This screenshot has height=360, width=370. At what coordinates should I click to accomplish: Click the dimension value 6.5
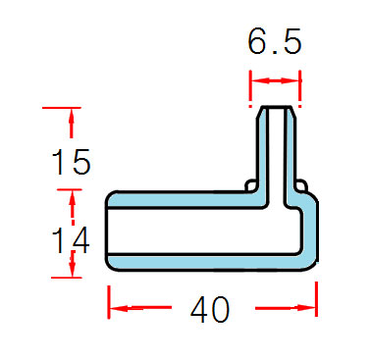tap(274, 41)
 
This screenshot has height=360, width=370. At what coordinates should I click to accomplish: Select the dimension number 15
tap(71, 162)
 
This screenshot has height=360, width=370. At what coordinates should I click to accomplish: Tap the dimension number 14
tap(71, 240)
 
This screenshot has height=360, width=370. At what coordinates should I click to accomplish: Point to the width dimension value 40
tap(210, 309)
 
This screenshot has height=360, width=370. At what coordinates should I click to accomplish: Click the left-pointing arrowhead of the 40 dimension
tap(119, 308)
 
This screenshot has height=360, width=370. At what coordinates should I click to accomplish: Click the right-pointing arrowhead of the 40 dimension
tap(306, 308)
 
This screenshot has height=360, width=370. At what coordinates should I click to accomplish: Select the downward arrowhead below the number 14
tap(73, 268)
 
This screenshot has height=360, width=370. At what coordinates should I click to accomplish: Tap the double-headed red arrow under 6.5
tap(275, 80)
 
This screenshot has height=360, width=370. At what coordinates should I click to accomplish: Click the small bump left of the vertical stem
tap(250, 185)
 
